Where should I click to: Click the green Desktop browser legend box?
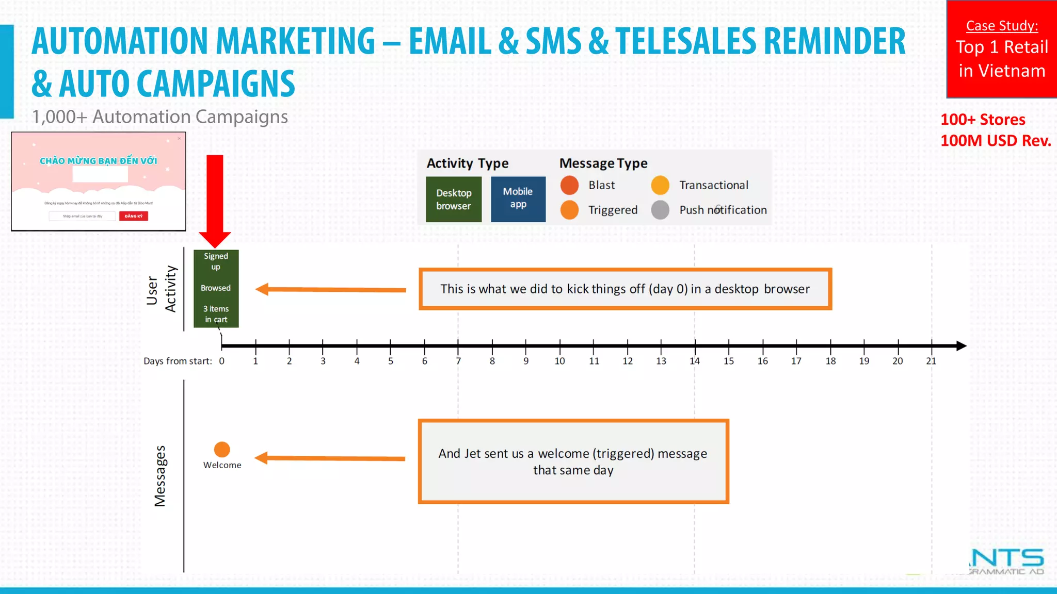coord(454,200)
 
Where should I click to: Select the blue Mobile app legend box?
coord(518,199)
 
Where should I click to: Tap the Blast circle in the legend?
coord(569,185)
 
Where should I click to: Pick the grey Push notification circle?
coord(660,210)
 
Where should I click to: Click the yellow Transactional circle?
coord(660,185)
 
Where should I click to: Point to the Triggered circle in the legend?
coord(569,210)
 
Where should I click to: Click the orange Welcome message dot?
coord(222,450)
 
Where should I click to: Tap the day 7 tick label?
coord(458,361)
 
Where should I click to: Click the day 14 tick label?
coord(695,361)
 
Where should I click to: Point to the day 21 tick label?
coord(931,361)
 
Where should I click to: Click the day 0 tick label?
coord(222,361)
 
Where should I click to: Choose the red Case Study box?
coord(1001,49)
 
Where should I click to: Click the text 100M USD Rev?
coord(996,141)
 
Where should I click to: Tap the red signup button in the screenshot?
coord(134,216)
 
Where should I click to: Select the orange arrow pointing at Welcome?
coord(330,458)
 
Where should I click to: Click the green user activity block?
coord(216,288)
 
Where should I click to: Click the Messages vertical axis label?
coord(161,476)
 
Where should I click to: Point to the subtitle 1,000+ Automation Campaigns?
coord(160,117)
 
